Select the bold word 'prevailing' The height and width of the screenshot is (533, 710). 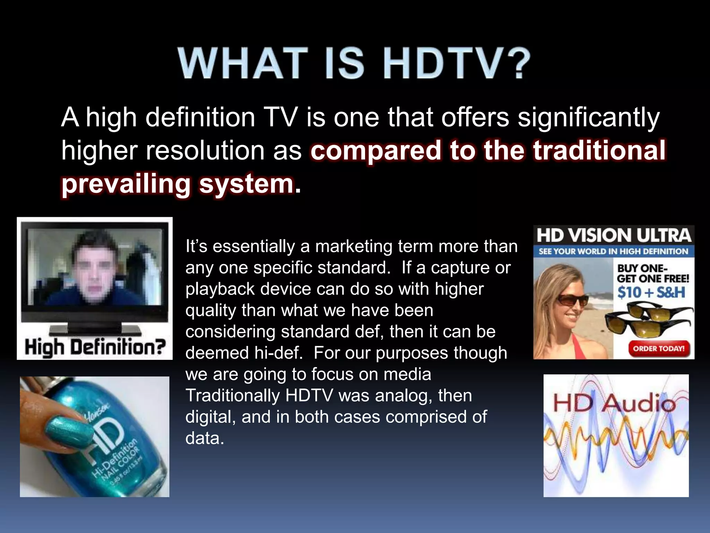(x=126, y=184)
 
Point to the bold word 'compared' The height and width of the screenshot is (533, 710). (x=376, y=151)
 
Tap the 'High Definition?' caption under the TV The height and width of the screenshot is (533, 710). (x=95, y=347)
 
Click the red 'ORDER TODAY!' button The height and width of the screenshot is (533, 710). (x=658, y=348)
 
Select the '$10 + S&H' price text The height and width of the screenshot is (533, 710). (x=651, y=292)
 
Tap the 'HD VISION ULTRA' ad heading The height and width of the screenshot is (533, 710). (x=614, y=235)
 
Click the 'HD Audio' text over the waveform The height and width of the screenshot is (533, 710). (x=614, y=404)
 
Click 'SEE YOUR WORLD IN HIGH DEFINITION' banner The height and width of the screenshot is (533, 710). (x=613, y=251)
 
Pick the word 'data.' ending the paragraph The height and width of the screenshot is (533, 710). (x=205, y=438)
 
